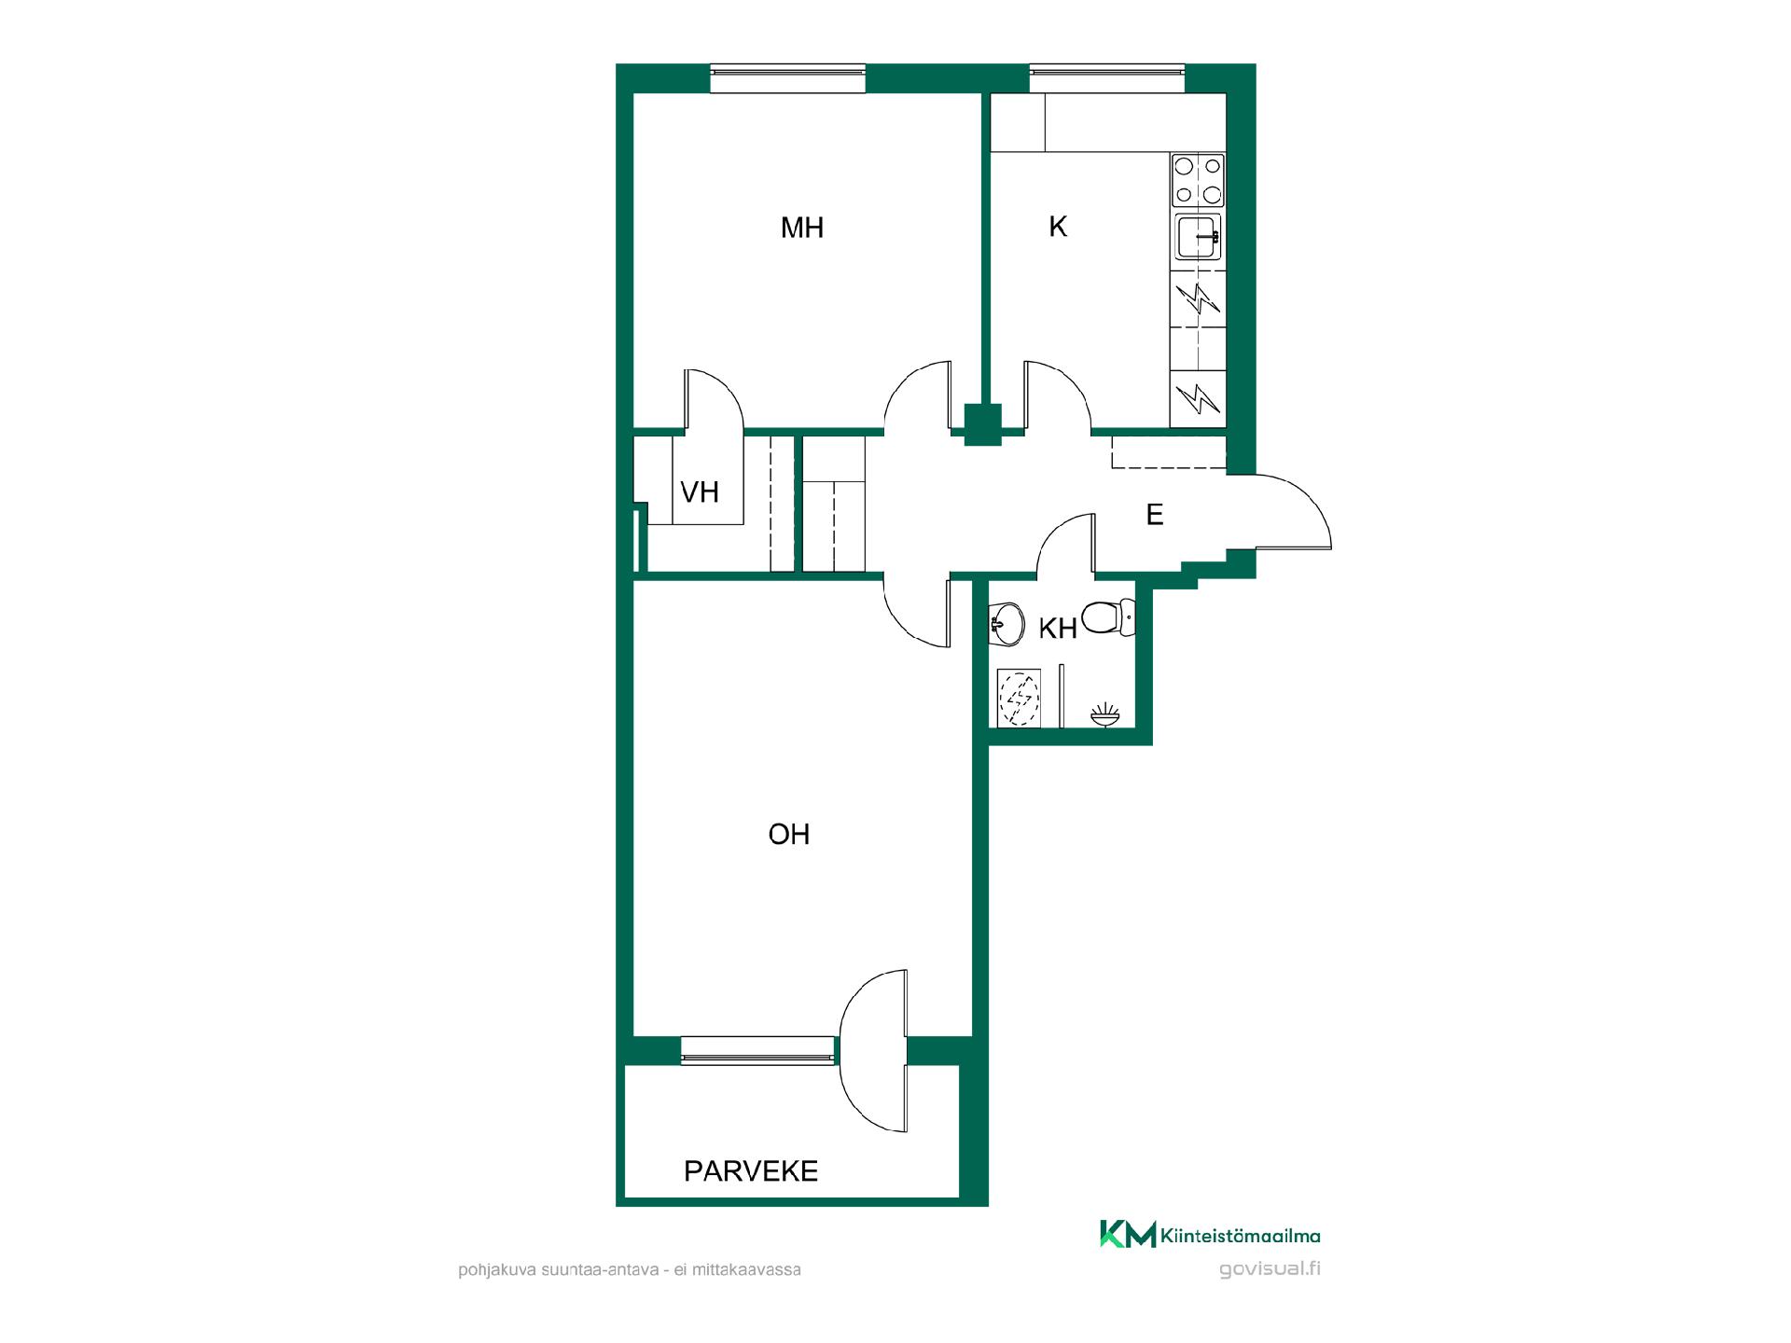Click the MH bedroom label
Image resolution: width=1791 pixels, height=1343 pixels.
coord(802,228)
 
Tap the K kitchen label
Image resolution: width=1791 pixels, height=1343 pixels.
coord(1058,227)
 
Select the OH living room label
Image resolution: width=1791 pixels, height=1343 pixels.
coord(789,834)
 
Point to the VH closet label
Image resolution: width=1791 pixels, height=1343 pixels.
coord(700,492)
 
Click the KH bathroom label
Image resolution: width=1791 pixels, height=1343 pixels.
coord(1058,629)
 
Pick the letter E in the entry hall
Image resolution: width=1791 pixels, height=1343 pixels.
coord(1155,515)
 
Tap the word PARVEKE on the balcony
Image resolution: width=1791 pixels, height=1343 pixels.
coord(751,1171)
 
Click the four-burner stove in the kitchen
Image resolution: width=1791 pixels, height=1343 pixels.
coord(1198,181)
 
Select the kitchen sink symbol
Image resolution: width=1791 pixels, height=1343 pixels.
coord(1198,237)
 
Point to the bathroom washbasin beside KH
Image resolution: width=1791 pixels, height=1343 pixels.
coord(1006,623)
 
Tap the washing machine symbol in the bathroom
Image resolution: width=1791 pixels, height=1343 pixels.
coord(1019,697)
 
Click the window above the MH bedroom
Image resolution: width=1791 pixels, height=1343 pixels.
coord(788,78)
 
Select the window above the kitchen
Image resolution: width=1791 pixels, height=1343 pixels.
coord(1107,78)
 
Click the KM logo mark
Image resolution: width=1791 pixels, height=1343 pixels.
coord(1128,1234)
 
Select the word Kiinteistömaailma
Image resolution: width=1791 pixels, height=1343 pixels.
coord(1241,1237)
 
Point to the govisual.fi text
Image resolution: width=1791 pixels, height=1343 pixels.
coord(1270,1269)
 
